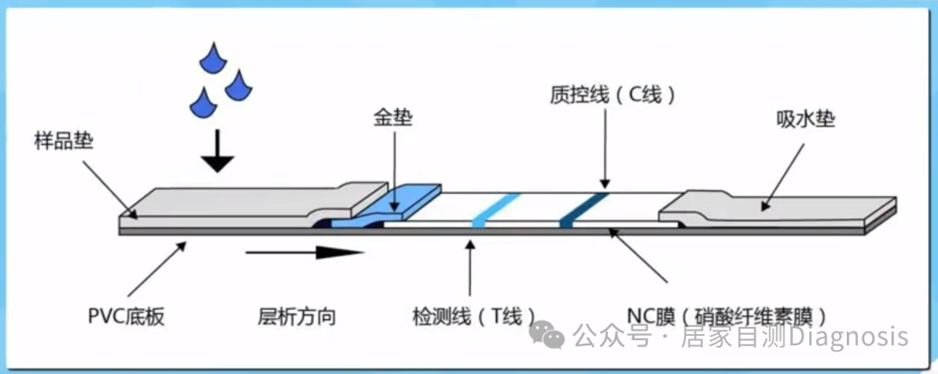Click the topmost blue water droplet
pos(211,58)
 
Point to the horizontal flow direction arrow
pos(304,253)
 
